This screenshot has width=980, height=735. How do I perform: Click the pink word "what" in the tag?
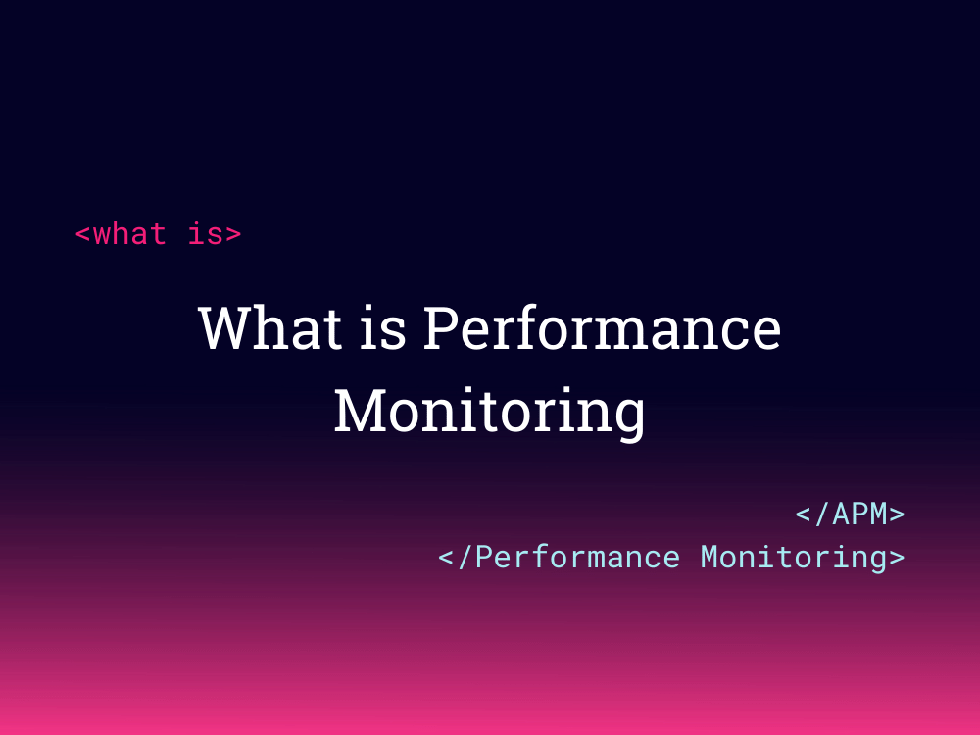(129, 234)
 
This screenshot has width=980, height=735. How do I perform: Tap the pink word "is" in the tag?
(204, 234)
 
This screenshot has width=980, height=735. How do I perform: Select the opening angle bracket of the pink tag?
(83, 235)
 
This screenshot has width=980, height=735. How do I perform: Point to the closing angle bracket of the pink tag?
(232, 235)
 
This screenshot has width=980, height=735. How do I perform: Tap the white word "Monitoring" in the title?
(489, 411)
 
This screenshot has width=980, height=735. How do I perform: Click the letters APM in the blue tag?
(859, 514)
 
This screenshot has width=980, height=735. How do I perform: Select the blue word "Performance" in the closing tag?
(578, 557)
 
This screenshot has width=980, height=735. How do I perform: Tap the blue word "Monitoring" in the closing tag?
(792, 557)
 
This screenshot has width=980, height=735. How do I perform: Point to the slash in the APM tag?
(822, 514)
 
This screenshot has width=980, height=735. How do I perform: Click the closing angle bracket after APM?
(896, 514)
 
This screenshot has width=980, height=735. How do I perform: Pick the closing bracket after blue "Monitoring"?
(896, 558)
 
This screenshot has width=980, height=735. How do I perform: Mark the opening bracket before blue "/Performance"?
(446, 558)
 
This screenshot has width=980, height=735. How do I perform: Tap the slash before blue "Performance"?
(465, 557)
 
